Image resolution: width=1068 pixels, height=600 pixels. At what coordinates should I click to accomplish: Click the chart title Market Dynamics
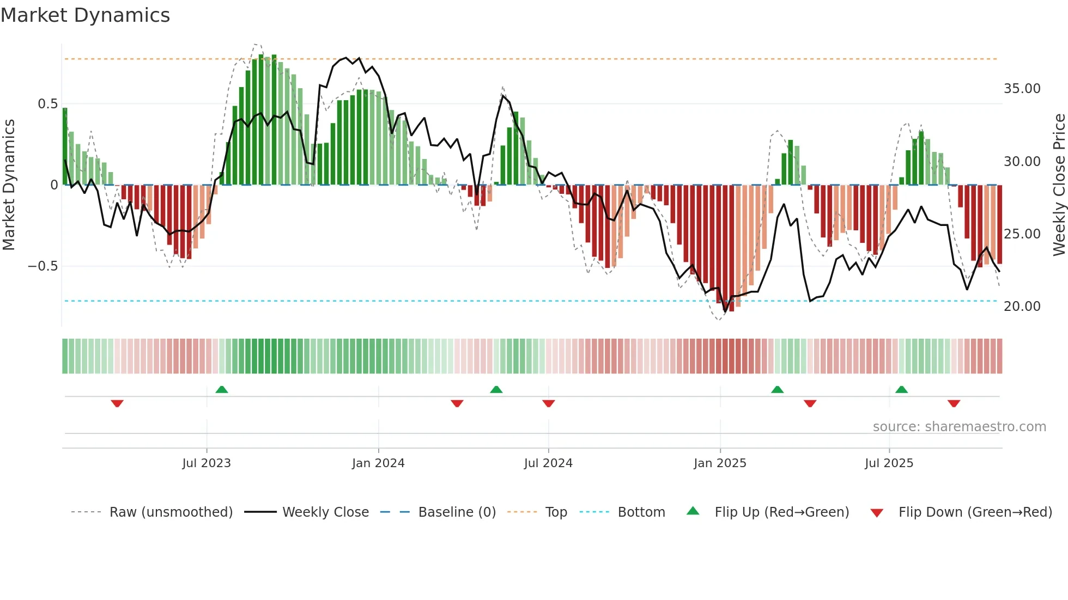85,15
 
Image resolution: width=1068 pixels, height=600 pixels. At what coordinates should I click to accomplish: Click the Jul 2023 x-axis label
207,463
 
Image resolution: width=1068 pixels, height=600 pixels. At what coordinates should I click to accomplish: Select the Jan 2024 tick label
378,463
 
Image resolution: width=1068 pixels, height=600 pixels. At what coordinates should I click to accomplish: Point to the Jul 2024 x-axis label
548,463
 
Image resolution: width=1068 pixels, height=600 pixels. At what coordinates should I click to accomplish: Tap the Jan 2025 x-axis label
720,463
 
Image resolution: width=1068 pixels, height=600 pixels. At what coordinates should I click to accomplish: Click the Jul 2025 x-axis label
889,463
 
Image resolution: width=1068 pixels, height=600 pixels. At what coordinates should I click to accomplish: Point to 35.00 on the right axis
1022,89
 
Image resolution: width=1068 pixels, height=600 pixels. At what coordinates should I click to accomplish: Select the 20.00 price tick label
1022,307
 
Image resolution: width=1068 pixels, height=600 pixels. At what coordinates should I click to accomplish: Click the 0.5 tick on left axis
47,104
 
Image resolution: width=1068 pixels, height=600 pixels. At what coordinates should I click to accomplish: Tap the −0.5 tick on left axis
43,266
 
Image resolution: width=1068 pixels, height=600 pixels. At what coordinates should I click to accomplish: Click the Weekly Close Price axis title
1059,185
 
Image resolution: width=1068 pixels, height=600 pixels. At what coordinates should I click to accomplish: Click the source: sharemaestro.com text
959,427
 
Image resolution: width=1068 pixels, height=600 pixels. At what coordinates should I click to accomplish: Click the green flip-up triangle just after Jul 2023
222,390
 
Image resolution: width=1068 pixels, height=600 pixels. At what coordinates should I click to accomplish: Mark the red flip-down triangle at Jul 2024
549,403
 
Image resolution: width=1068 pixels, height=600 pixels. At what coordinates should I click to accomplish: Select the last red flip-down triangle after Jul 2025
954,403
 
